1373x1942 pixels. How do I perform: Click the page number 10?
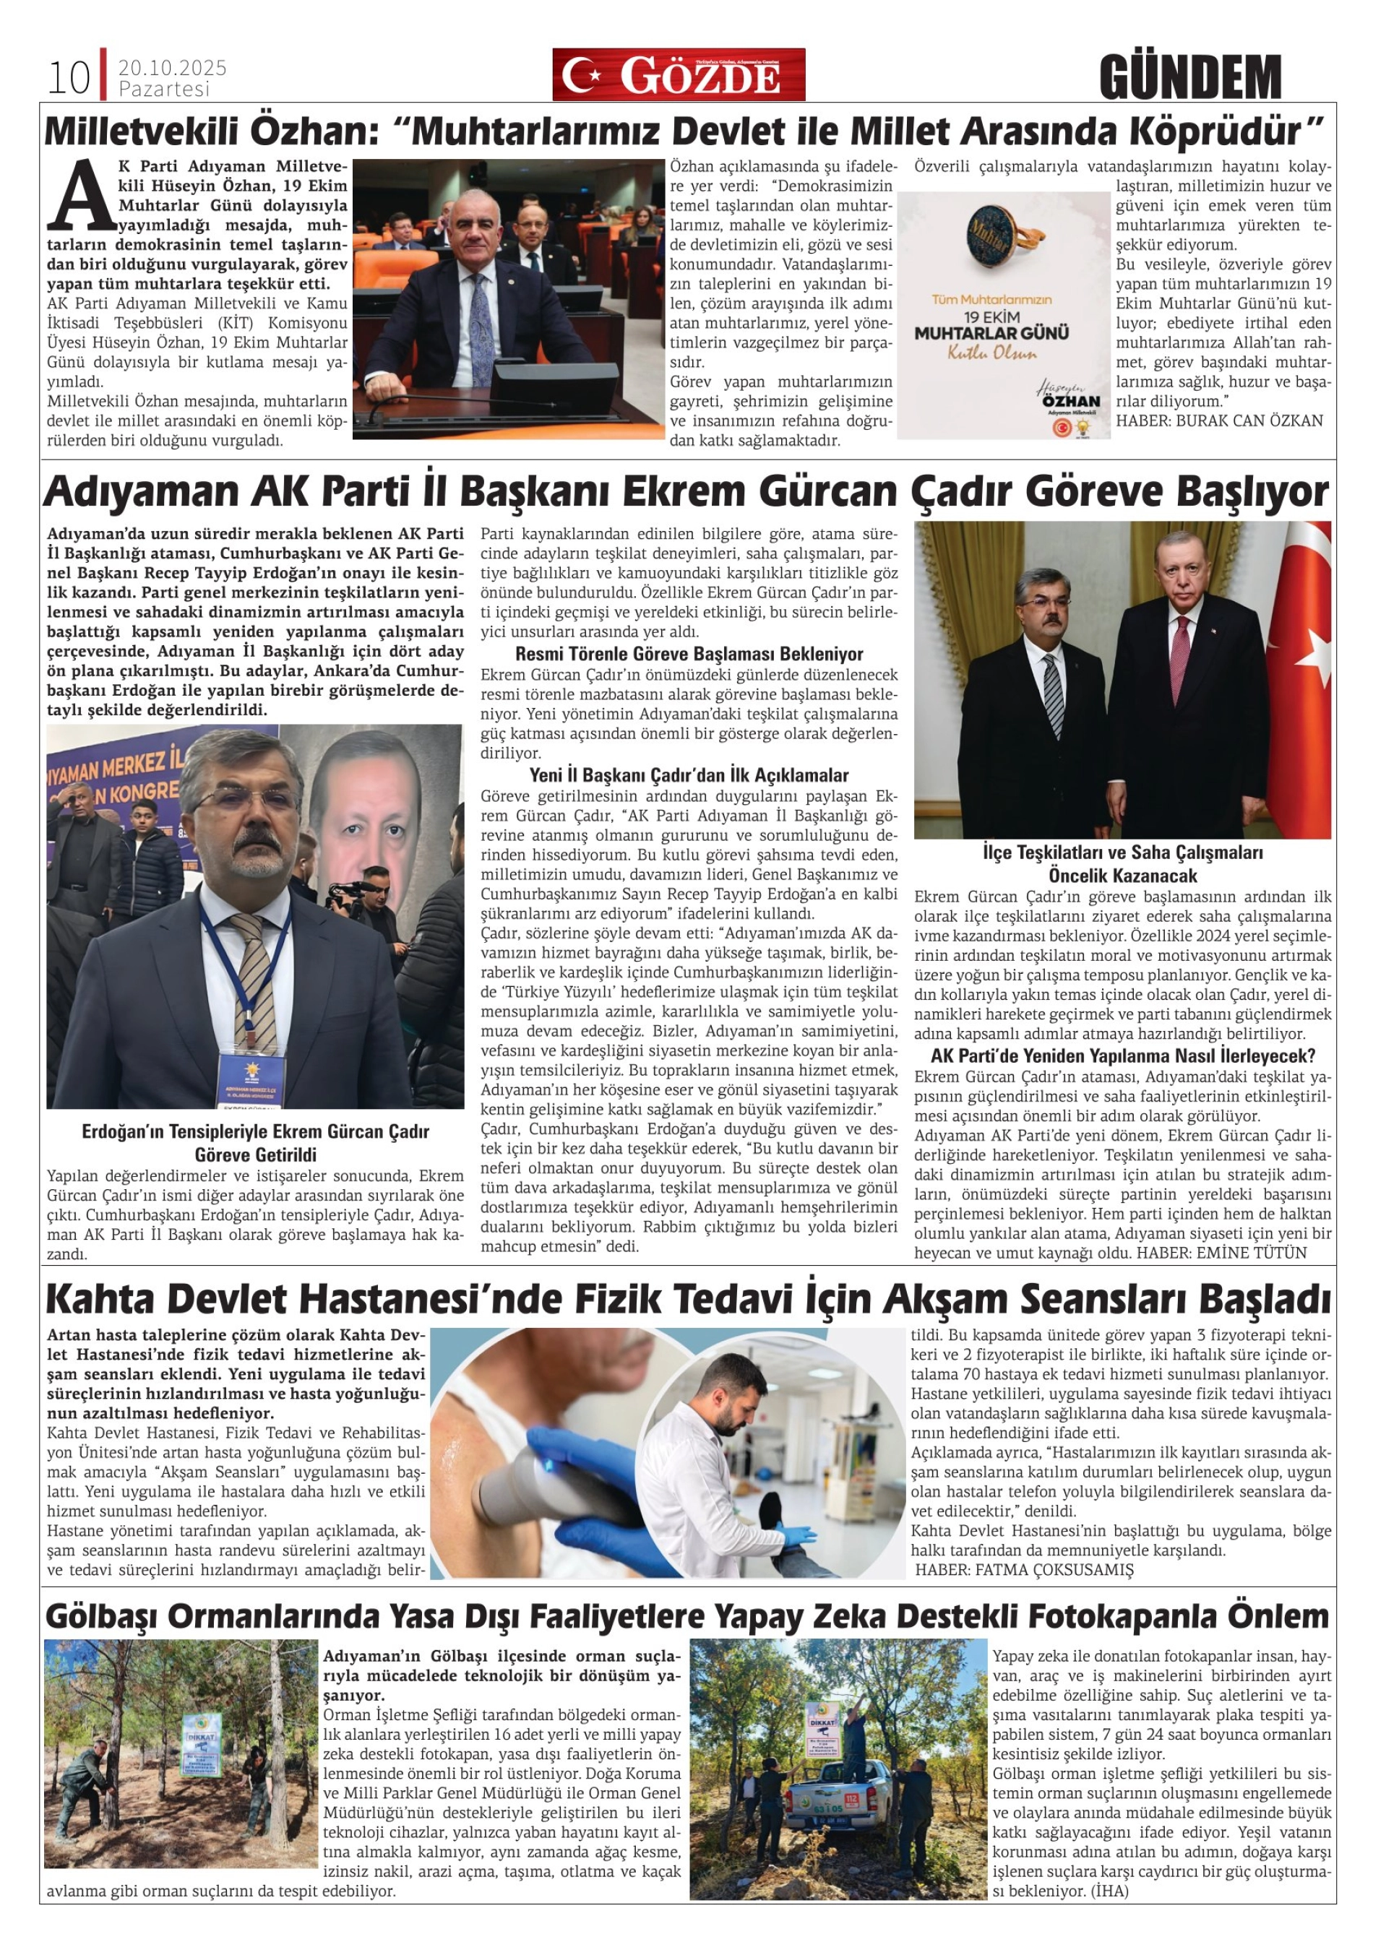point(68,78)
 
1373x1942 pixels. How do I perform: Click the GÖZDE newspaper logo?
point(679,74)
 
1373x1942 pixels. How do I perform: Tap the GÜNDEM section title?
point(1190,76)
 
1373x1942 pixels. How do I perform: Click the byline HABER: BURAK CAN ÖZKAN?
point(1219,420)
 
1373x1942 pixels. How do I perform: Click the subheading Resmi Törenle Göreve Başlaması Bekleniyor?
point(689,654)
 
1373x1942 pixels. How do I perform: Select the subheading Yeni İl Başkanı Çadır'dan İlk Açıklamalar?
point(689,774)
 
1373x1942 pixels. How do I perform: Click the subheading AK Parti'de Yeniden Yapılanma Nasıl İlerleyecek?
point(1122,1056)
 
